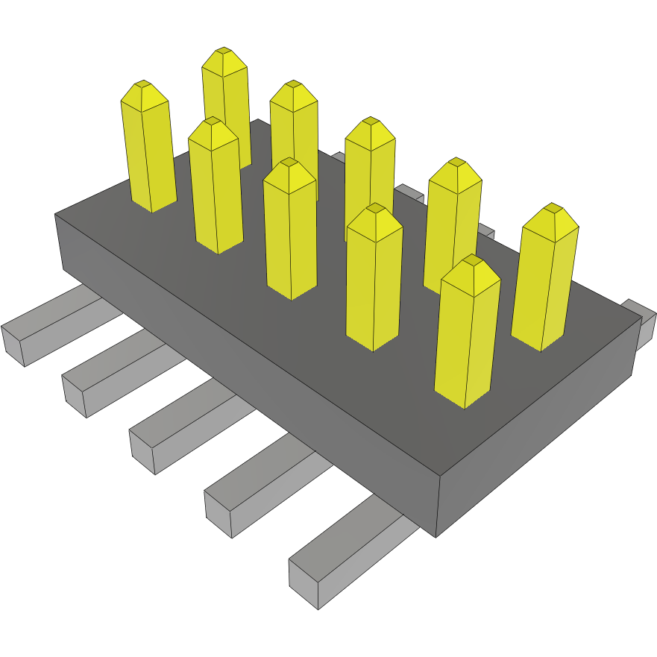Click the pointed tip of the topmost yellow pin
(224, 51)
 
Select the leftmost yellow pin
(148, 149)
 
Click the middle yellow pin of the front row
(291, 231)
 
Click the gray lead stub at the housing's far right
(640, 319)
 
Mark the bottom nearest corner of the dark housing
(436, 535)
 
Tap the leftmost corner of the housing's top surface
(55, 215)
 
